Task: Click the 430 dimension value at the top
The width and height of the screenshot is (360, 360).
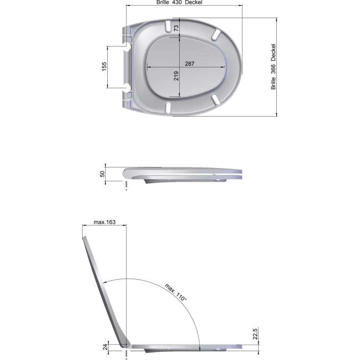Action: pos(177,2)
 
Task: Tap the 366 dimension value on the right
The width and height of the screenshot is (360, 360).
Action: pos(273,69)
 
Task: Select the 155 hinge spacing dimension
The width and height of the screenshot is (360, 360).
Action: pos(104,67)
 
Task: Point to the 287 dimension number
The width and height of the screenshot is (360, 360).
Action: pos(190,64)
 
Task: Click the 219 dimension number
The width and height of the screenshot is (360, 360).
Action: pos(176,76)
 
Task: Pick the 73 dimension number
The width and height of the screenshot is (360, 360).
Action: pos(176,28)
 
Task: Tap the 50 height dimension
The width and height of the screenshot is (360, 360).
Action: pos(102,174)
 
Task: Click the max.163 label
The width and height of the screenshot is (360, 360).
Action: pos(104,222)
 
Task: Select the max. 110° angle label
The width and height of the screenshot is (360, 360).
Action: pos(176,292)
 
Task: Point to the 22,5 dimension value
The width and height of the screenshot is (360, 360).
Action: pos(255,334)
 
